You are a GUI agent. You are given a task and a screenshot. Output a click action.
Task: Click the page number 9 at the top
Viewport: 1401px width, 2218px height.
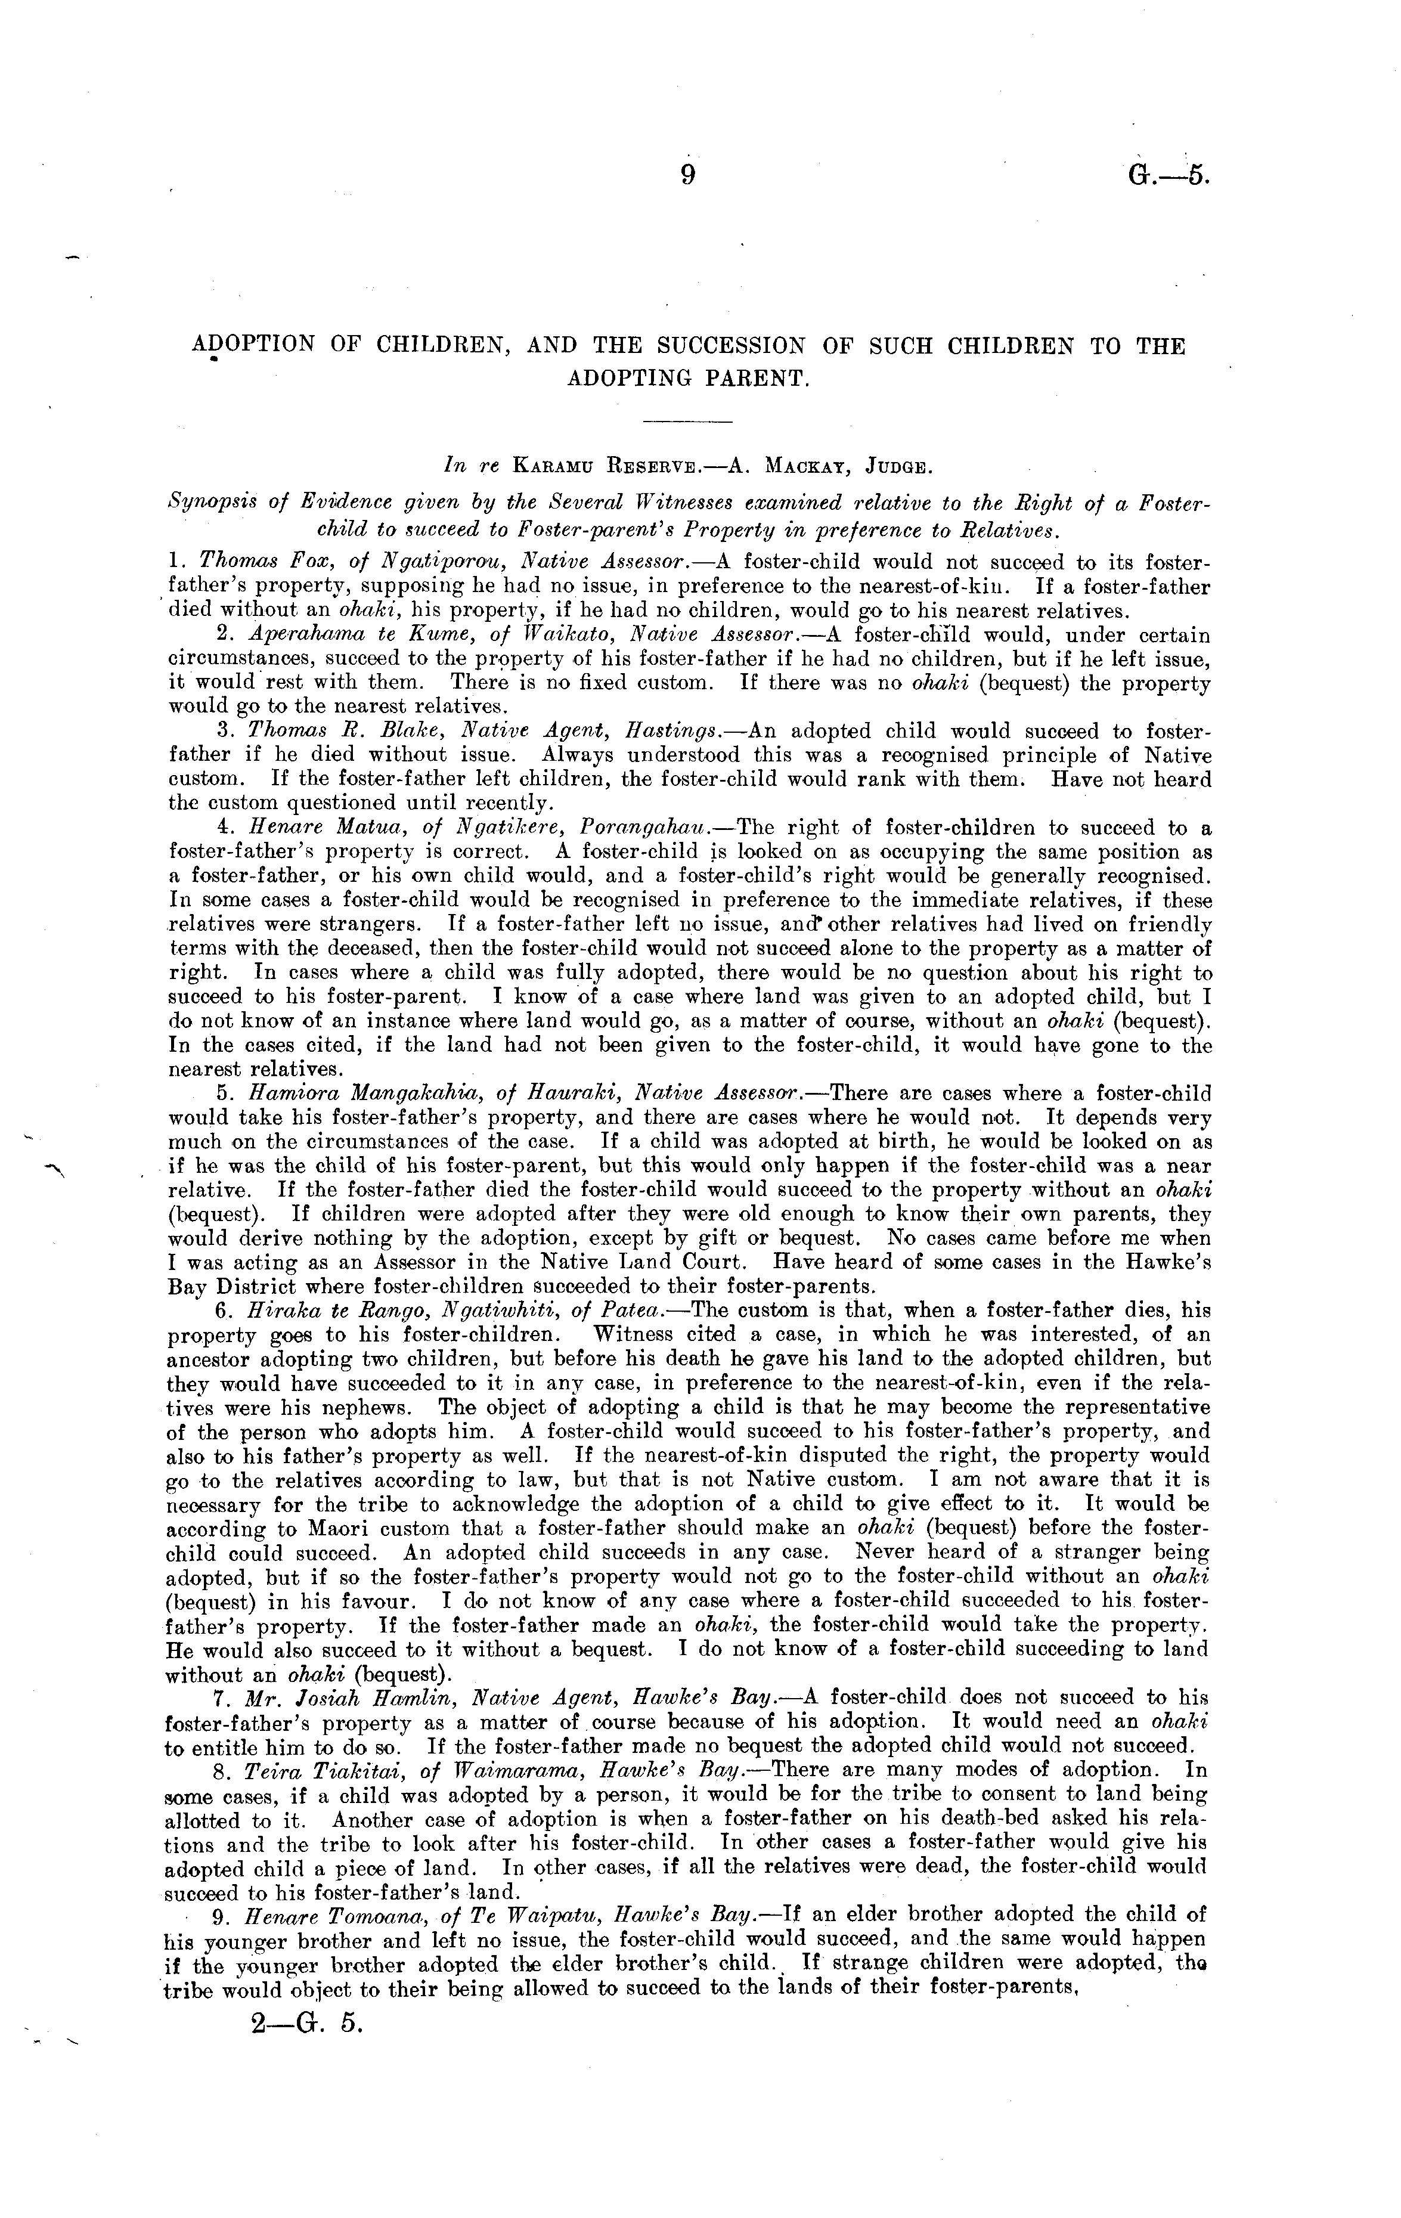(686, 173)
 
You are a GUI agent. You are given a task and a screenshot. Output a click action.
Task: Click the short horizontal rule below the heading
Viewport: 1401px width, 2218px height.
(686, 422)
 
